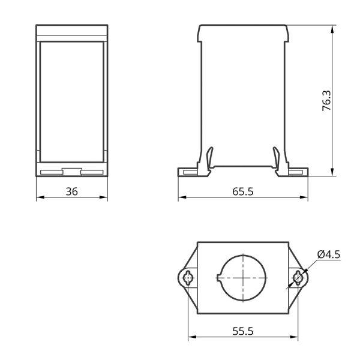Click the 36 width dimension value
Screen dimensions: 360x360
pyautogui.click(x=72, y=191)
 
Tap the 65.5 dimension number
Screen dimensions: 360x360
pyautogui.click(x=243, y=191)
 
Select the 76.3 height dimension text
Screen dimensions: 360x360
pyautogui.click(x=326, y=101)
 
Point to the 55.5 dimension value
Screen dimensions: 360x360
pyautogui.click(x=243, y=331)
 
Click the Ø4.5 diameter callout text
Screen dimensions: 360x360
pyautogui.click(x=329, y=254)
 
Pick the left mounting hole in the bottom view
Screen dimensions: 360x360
pyautogui.click(x=188, y=278)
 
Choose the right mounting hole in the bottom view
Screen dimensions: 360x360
pyautogui.click(x=298, y=278)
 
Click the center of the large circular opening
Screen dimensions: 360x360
pyautogui.click(x=243, y=278)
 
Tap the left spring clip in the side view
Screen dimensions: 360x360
pyautogui.click(x=209, y=158)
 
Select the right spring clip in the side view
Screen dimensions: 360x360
pyautogui.click(x=276, y=158)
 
